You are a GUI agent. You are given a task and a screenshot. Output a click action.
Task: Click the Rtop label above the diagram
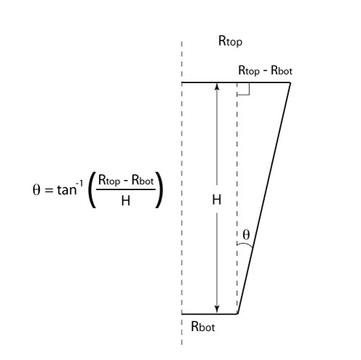coord(230,41)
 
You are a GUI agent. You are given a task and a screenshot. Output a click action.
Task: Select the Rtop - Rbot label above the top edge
coord(265,71)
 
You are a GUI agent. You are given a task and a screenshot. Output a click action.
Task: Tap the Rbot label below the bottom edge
coord(203,327)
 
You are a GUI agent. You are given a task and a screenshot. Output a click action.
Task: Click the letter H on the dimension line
coord(217,200)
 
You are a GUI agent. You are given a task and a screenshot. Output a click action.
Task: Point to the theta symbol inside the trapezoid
coord(246,235)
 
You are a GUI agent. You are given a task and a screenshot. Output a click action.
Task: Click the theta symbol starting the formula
coord(36,189)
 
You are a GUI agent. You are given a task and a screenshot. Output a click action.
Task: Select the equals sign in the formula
coord(48,190)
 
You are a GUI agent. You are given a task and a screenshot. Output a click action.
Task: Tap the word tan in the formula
coord(66,189)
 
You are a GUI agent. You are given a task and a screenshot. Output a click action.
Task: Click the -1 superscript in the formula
coord(79,184)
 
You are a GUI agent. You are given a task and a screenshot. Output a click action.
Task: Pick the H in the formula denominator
coord(126,200)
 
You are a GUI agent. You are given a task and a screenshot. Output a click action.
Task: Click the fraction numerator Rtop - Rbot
coord(126,180)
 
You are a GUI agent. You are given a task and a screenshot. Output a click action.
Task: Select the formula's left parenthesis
coord(92,190)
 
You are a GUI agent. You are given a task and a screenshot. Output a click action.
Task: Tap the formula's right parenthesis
coord(159,190)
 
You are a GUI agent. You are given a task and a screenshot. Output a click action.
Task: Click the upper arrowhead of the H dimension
coord(217,86)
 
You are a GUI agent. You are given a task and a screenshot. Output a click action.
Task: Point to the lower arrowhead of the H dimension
coord(217,310)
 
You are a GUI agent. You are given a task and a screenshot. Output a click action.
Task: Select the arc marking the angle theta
coord(245,244)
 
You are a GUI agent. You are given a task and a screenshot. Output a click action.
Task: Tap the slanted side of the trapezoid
coord(264,198)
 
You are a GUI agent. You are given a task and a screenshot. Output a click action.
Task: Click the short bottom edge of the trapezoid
coord(209,314)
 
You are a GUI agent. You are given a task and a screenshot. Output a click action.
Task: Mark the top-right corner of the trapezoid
coord(290,83)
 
